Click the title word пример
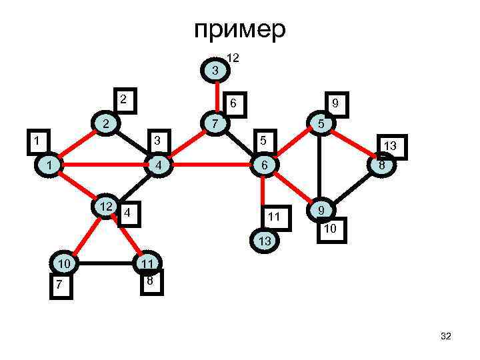(240, 30)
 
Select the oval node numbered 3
(215, 70)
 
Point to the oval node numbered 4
(157, 165)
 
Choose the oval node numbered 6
(264, 165)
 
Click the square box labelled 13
(391, 145)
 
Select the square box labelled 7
(59, 285)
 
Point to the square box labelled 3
(157, 141)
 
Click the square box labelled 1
(36, 141)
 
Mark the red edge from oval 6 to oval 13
(264, 200)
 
